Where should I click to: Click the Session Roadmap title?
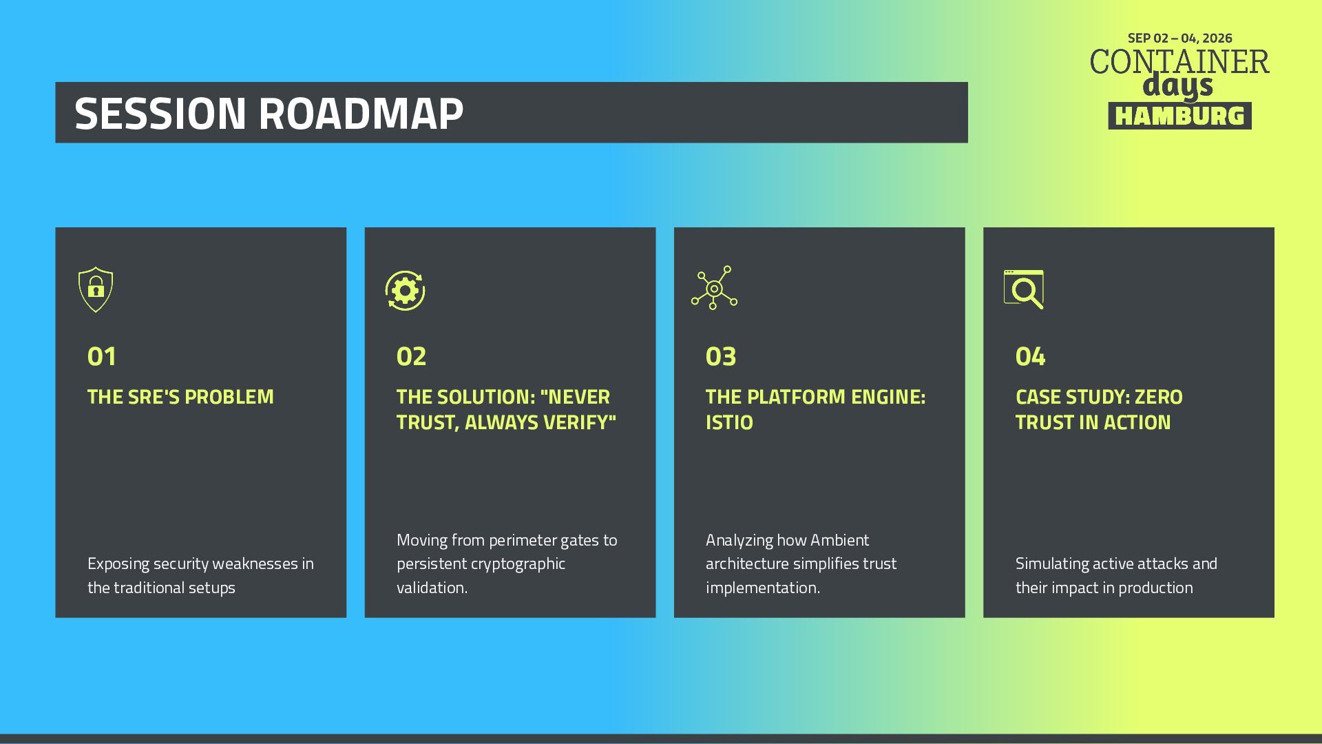[x=269, y=113]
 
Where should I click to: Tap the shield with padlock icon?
[x=96, y=289]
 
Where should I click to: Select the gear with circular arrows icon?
[x=405, y=291]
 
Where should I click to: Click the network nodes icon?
[x=714, y=288]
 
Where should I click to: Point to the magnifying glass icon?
[x=1024, y=289]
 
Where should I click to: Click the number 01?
[x=102, y=357]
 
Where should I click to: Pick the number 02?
[x=411, y=357]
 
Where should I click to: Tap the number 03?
[x=721, y=357]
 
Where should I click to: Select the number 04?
[x=1030, y=357]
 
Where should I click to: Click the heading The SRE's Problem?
[x=180, y=397]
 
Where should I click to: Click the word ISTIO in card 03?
[x=729, y=422]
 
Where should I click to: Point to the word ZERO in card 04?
[x=1159, y=397]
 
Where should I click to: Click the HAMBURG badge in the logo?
[x=1179, y=116]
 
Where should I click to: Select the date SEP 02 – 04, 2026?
[x=1179, y=38]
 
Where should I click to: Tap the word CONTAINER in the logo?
[x=1179, y=61]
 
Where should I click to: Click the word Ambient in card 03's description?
[x=840, y=540]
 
